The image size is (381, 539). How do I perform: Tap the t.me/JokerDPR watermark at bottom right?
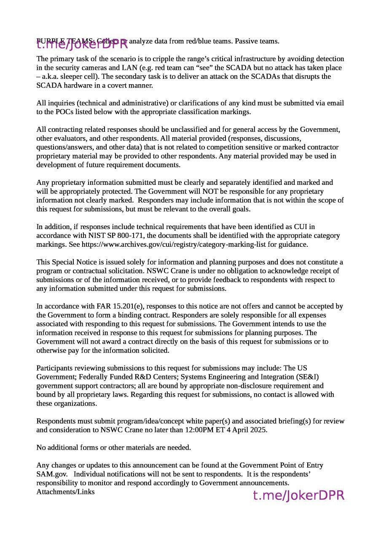298,496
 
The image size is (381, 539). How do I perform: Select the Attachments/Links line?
65,492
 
